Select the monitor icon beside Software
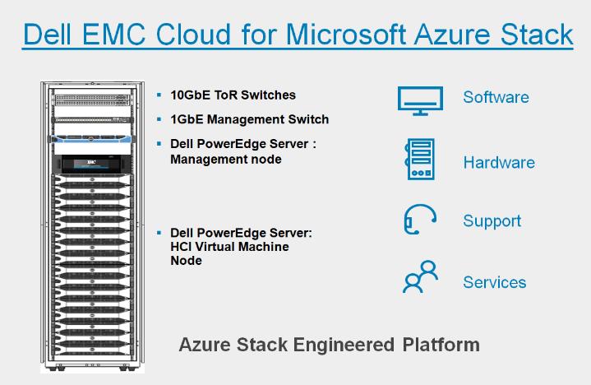(x=420, y=100)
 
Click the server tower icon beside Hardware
(x=420, y=159)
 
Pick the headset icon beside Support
(x=420, y=220)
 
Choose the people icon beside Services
(x=420, y=276)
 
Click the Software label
(x=496, y=97)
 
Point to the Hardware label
(x=499, y=163)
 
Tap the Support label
(x=492, y=221)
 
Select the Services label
(x=495, y=282)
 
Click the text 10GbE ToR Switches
(x=233, y=95)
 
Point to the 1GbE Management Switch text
(x=250, y=119)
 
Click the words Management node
(x=226, y=159)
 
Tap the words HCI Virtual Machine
(x=229, y=247)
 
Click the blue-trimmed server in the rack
(x=91, y=139)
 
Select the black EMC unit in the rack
(x=92, y=164)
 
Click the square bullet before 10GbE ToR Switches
(x=159, y=95)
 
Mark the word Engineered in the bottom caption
(x=344, y=345)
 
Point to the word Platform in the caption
(x=441, y=344)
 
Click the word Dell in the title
(x=47, y=35)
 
